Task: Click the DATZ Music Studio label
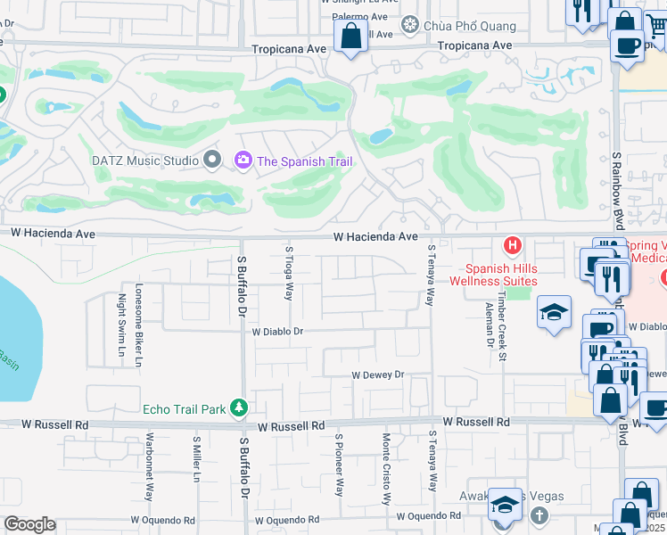(x=144, y=160)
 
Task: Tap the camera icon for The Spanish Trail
(x=242, y=160)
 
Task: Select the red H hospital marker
(x=513, y=244)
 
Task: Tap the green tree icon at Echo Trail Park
(x=238, y=408)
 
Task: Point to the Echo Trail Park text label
(x=184, y=409)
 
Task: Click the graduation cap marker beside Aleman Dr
(x=553, y=313)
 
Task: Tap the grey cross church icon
(x=539, y=515)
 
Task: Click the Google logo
(x=29, y=523)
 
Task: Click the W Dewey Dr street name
(x=378, y=375)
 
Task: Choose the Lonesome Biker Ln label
(x=138, y=325)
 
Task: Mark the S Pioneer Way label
(x=339, y=465)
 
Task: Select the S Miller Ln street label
(x=196, y=459)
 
